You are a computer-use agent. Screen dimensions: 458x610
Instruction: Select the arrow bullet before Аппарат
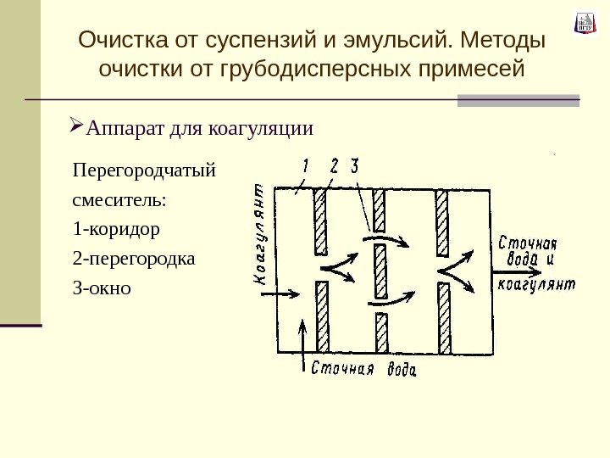pyautogui.click(x=75, y=129)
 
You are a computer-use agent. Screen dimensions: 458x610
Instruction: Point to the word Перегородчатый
pyautogui.click(x=145, y=170)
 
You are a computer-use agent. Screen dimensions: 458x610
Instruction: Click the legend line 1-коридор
pyautogui.click(x=116, y=229)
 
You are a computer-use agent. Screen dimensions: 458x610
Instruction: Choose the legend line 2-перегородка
pyautogui.click(x=133, y=258)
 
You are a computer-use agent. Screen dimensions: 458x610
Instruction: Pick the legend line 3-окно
pyautogui.click(x=103, y=288)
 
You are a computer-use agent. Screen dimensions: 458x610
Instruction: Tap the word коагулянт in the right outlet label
pyautogui.click(x=537, y=284)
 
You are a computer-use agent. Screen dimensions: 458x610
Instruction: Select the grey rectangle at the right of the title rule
pyautogui.click(x=518, y=100)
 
